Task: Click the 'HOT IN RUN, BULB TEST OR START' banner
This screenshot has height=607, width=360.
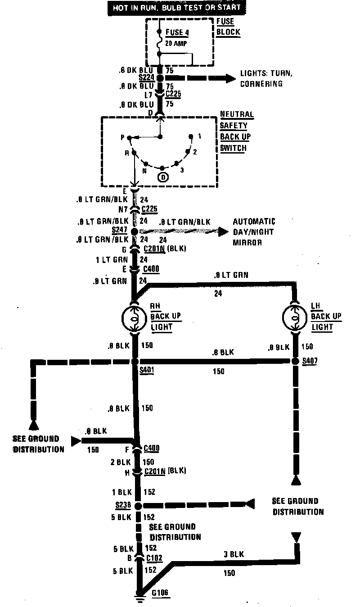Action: coord(177,8)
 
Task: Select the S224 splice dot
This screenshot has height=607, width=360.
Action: coord(160,78)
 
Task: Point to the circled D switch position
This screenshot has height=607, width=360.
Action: coord(163,177)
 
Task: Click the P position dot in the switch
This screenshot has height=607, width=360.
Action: coord(129,137)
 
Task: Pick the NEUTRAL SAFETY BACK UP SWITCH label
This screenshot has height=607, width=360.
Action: coord(235,131)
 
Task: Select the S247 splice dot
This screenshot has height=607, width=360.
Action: coord(135,231)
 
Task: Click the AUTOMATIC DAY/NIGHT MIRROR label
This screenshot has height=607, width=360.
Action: coord(254,232)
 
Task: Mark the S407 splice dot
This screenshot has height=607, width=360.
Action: coord(295,361)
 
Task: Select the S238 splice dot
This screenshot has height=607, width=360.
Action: coord(138,506)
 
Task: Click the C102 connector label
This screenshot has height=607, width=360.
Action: coord(153,558)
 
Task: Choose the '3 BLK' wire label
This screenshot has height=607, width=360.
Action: coord(234,554)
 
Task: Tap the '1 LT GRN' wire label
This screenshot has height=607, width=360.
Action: coord(112,260)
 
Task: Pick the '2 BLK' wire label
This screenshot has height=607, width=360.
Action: coord(120,462)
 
